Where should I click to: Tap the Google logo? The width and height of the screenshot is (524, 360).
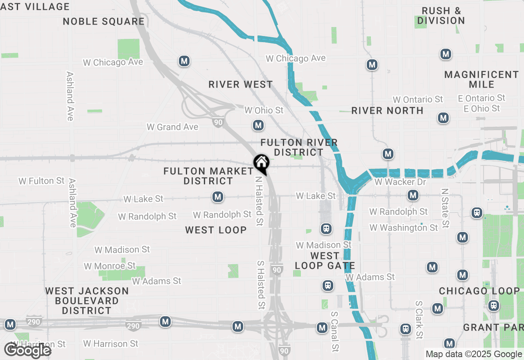click(27, 351)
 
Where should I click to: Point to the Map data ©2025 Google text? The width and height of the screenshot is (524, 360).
click(474, 354)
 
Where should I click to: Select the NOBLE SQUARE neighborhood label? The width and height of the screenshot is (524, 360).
click(104, 21)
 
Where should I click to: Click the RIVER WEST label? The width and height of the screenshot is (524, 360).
click(241, 84)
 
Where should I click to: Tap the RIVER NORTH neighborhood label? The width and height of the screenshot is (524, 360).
click(387, 110)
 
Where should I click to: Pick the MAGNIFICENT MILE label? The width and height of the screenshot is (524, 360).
click(481, 79)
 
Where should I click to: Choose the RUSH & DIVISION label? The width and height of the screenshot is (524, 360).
click(441, 16)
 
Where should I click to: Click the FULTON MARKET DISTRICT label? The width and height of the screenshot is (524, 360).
click(209, 176)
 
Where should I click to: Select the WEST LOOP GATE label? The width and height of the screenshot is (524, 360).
click(325, 261)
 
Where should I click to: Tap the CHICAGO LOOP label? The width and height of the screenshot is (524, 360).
click(479, 291)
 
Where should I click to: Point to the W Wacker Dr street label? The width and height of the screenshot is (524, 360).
click(400, 182)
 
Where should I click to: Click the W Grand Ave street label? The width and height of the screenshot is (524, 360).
click(172, 127)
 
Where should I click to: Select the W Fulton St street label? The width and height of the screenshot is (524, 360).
click(42, 181)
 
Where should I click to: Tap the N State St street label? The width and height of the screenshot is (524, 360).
click(445, 208)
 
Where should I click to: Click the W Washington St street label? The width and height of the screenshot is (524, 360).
click(404, 227)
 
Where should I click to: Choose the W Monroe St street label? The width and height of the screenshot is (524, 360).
click(110, 266)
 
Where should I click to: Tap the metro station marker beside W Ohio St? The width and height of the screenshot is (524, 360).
click(258, 125)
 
